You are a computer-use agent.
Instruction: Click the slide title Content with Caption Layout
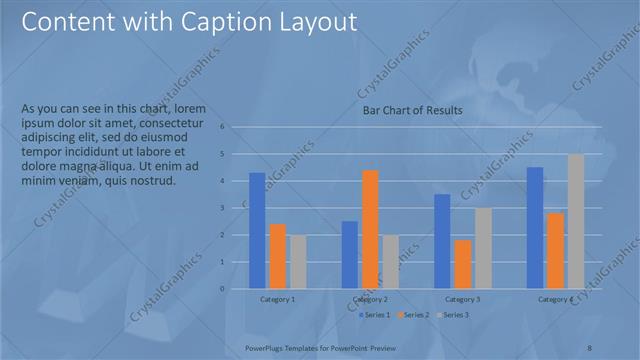[x=190, y=22]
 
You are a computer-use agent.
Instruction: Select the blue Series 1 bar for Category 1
[x=257, y=231]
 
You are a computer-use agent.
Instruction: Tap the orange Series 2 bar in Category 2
[x=370, y=229]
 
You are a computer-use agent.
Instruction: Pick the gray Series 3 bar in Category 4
[x=575, y=221]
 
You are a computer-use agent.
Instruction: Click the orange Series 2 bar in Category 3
[x=462, y=264]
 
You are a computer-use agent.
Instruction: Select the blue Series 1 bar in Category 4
[x=535, y=228]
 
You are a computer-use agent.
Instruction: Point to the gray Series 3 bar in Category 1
[x=298, y=262]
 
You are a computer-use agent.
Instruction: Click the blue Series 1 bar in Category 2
[x=349, y=255]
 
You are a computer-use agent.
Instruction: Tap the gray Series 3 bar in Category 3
[x=483, y=248]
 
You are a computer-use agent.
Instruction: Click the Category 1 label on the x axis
[x=277, y=299]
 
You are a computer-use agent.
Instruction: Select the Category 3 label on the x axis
[x=462, y=299]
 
